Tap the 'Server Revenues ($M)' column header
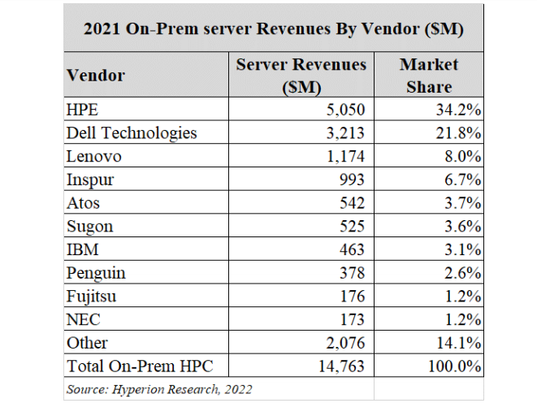(301, 75)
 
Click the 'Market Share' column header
(429, 75)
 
